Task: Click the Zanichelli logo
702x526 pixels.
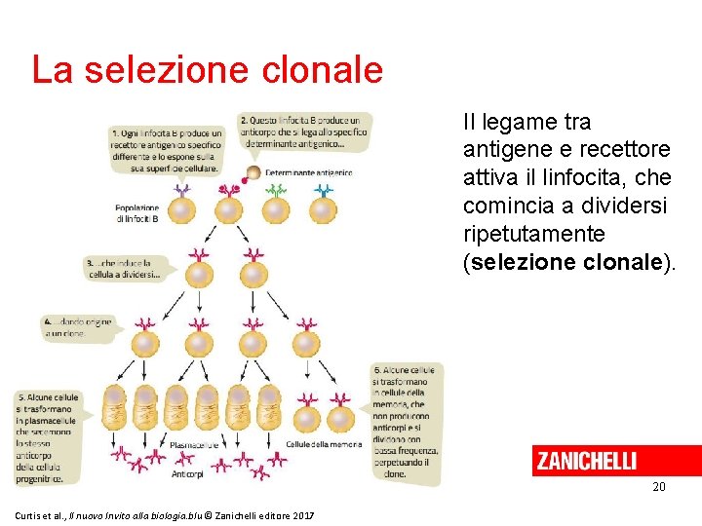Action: (585, 461)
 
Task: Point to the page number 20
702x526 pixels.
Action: (659, 486)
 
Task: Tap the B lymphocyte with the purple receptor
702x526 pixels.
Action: (181, 208)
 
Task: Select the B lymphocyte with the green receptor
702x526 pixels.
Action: (276, 208)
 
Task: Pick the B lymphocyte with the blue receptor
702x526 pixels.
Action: (323, 208)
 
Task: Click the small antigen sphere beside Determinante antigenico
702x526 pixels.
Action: (252, 173)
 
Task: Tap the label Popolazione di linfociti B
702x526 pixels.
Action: (136, 212)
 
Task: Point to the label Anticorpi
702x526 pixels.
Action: (187, 474)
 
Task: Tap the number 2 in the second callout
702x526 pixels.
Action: (243, 121)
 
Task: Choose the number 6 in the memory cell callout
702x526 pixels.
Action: (376, 371)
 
